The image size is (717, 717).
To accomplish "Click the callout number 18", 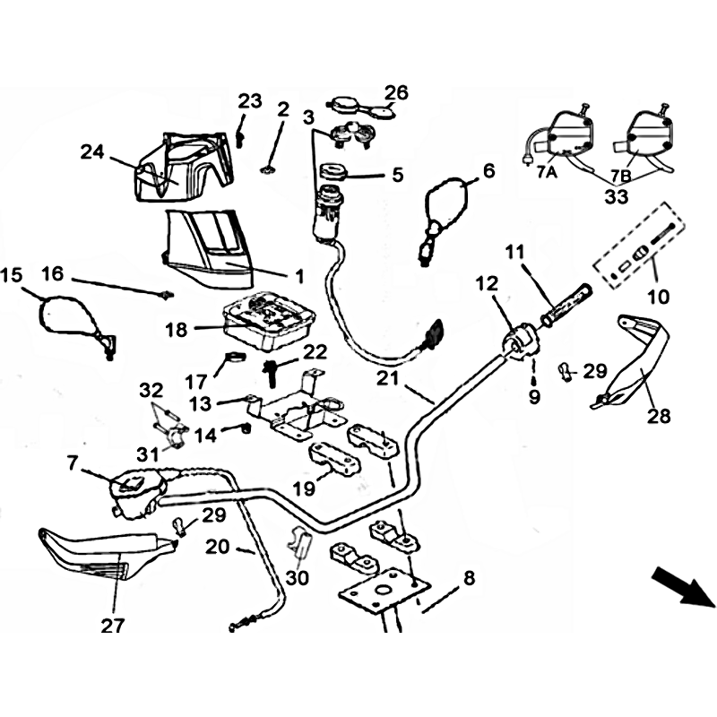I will pyautogui.click(x=176, y=330).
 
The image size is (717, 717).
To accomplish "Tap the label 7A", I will pyautogui.click(x=546, y=174).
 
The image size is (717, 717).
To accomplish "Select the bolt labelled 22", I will pyautogui.click(x=270, y=368).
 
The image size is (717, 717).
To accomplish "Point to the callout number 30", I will pyautogui.click(x=298, y=578).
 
